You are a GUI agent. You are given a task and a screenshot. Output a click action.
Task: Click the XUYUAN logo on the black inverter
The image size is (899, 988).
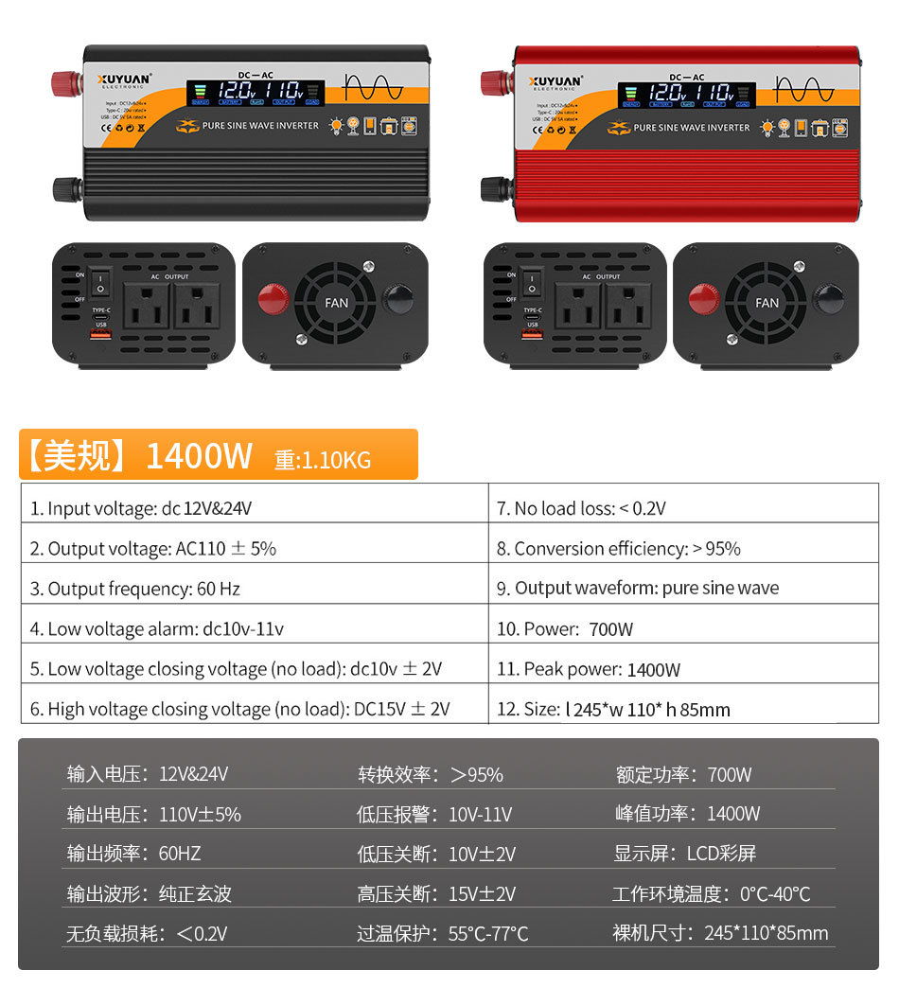coord(124,81)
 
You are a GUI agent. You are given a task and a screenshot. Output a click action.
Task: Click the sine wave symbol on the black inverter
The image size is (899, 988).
coord(373,89)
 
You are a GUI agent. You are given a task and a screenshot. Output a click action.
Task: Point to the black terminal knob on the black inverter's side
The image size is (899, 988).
coord(64,188)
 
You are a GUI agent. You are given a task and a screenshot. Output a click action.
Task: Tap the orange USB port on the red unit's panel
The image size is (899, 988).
coord(532,334)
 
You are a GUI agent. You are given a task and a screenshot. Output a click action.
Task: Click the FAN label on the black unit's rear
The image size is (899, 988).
coord(337,303)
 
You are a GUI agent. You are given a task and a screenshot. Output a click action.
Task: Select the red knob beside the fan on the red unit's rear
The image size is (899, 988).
coord(703,299)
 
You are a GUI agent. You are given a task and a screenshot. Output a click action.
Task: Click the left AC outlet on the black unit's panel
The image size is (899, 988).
coord(147,307)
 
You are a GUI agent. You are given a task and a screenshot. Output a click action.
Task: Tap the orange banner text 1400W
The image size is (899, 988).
coord(199,456)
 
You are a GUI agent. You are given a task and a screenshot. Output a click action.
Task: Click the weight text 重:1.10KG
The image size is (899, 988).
coord(323,461)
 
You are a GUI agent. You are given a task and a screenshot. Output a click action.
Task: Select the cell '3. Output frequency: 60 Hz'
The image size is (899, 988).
coord(135,589)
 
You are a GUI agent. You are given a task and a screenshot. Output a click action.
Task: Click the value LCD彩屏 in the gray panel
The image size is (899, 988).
coord(721,854)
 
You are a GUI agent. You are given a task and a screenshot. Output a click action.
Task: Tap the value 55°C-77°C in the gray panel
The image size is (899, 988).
coord(488,934)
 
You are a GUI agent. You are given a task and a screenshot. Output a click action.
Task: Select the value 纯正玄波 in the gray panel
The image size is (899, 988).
coord(195,894)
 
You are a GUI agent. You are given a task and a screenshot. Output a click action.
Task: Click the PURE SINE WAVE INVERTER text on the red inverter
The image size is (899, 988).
coord(691,128)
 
